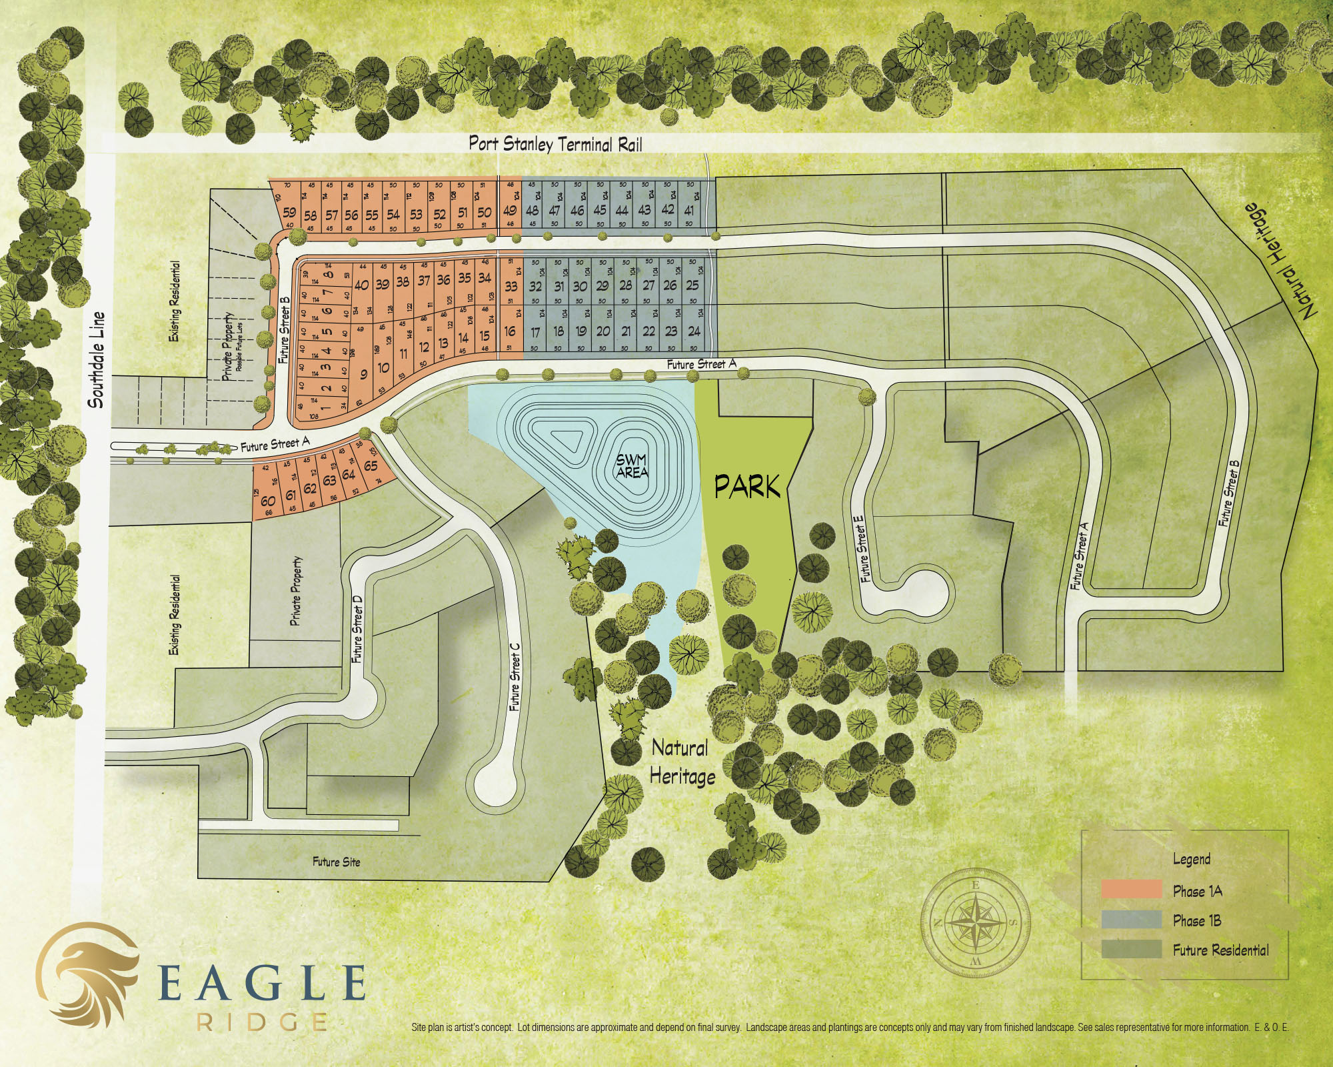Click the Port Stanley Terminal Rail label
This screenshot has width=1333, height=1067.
555,143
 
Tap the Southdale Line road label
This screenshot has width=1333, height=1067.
97,359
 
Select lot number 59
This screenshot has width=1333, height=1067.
289,212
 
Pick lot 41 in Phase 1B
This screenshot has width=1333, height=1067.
689,210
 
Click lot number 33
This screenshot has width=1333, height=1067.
511,287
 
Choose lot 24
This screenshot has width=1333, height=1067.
694,331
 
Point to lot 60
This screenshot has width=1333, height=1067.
268,500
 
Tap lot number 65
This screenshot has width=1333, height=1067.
371,465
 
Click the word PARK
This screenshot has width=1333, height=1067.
747,487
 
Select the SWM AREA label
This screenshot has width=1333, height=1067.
632,466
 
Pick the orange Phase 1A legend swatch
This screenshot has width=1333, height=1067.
1132,890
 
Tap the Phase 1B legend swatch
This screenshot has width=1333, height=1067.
1132,920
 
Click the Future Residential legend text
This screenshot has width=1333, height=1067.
1220,950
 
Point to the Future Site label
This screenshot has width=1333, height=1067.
336,862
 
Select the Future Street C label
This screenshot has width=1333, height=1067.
515,677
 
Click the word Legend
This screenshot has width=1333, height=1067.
1191,859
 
